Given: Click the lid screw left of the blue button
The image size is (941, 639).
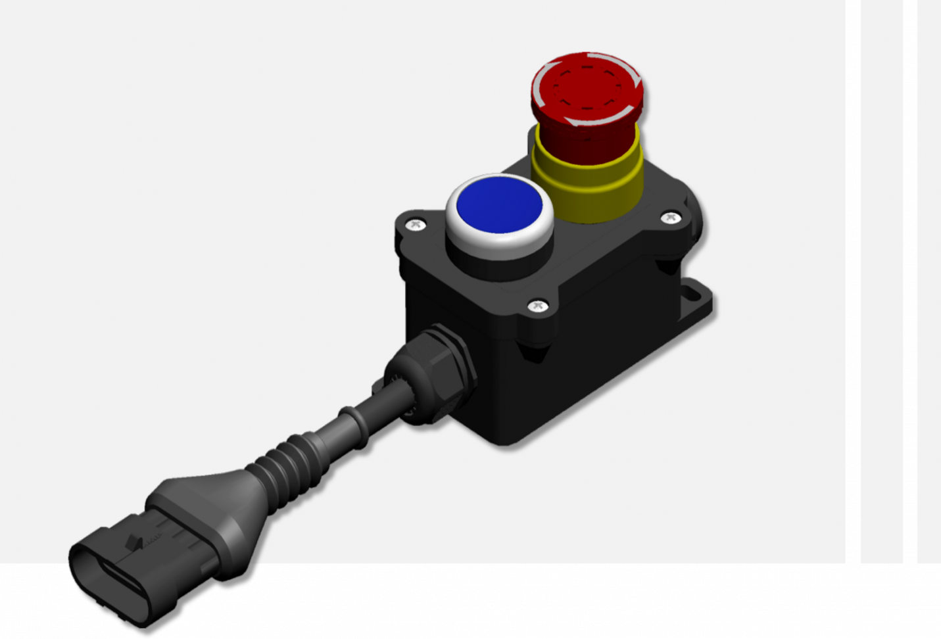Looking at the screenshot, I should click(415, 225).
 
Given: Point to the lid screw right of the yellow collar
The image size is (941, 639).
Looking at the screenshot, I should click(670, 218).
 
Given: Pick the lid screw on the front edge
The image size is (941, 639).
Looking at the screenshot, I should click(538, 306).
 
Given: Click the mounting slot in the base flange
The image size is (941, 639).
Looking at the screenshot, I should click(690, 290).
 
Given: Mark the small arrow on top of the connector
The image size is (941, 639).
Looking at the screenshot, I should click(135, 542).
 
